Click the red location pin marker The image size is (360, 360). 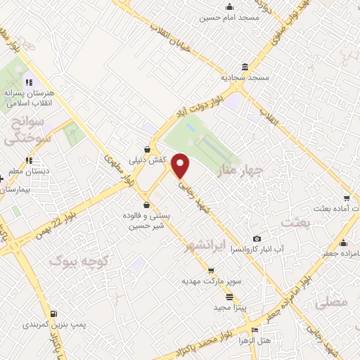(x=181, y=165)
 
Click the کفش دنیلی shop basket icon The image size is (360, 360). (x=146, y=149)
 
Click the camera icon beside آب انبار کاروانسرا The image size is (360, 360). (x=256, y=239)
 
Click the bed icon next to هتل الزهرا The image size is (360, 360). (x=255, y=330)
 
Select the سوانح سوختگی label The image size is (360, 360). (x=27, y=131)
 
